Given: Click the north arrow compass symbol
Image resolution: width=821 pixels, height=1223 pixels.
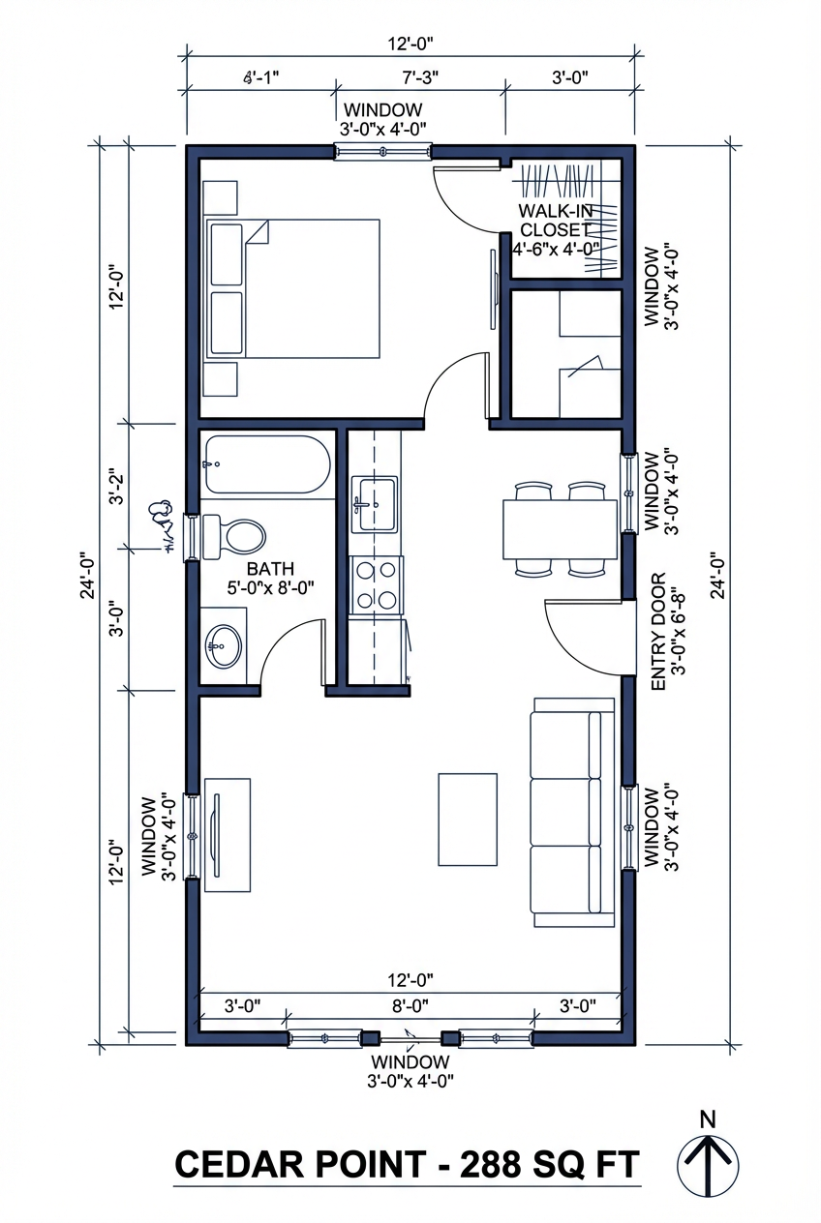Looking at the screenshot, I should tap(708, 1164).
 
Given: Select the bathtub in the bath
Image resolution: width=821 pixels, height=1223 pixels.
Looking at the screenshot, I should tap(267, 465).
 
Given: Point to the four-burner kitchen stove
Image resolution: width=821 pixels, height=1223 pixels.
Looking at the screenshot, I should tap(377, 584).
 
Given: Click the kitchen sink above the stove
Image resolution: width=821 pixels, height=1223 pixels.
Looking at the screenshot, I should tap(375, 503).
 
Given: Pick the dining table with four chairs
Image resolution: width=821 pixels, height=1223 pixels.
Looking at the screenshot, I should tap(560, 529).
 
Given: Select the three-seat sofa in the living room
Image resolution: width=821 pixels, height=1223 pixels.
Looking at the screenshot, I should tap(571, 814).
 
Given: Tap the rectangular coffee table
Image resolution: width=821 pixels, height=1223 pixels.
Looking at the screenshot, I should tap(468, 819).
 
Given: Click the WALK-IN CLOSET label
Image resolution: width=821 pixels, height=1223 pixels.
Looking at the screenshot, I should tap(555, 221).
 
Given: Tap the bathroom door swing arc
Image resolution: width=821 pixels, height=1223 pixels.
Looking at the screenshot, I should tap(290, 648).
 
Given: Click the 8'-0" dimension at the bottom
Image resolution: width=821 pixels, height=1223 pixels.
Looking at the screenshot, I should tap(410, 1005).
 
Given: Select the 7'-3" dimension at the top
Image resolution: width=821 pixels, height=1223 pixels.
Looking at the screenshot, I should tap(421, 75).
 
